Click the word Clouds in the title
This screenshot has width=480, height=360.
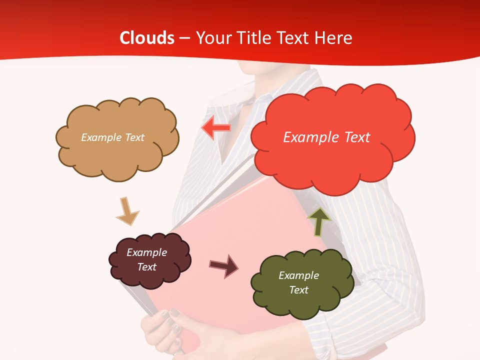[147, 38]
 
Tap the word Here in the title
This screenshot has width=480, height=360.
[334, 38]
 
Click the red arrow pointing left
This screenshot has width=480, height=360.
[216, 128]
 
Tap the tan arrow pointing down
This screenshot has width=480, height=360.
[127, 210]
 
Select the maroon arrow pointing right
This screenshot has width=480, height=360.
[223, 265]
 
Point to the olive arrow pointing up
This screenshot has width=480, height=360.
[319, 221]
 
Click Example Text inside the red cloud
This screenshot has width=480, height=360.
[326, 137]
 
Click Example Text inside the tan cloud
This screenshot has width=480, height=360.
[112, 137]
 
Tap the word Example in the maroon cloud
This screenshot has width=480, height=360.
[146, 252]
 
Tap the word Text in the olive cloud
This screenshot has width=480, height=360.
[298, 290]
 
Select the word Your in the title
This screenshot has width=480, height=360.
[212, 38]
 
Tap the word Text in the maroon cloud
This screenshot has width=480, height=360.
[146, 267]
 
